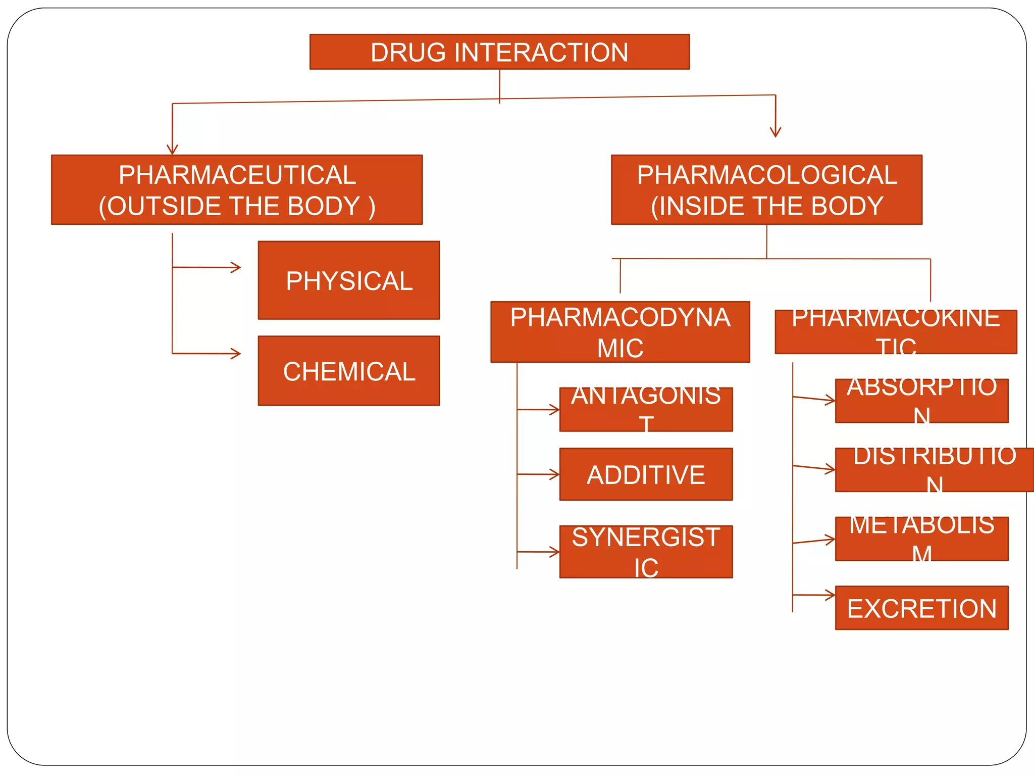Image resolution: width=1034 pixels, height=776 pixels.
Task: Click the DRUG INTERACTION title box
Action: pos(499,52)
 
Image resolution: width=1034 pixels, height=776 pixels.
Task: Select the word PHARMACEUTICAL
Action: pos(237,175)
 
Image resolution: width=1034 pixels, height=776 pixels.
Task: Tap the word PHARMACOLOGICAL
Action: pos(767,175)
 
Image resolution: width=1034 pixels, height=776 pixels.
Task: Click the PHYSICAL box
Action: pos(349,280)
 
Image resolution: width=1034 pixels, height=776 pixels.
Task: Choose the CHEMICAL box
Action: pos(349,371)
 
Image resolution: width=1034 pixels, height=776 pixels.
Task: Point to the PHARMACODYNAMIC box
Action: pos(620,332)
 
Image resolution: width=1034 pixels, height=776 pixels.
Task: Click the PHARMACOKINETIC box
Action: pos(896,332)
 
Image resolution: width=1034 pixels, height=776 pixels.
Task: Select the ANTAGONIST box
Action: pos(646,409)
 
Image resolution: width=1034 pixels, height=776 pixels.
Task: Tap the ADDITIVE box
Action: pos(646,474)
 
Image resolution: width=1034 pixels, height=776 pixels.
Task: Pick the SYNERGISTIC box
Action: pos(646,552)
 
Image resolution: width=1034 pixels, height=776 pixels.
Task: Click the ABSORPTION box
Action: pos(921,401)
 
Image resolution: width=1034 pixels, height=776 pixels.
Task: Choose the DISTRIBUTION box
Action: pos(934,470)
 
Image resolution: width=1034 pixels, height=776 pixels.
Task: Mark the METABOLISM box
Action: pos(921,539)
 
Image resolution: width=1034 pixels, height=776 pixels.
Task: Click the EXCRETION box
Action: pos(921,608)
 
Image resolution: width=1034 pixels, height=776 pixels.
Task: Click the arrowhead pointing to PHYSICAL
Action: pos(236,267)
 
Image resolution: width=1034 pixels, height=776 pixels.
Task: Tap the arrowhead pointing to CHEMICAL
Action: pos(236,354)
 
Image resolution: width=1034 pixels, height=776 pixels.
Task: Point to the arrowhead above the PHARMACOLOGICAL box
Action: pos(775,133)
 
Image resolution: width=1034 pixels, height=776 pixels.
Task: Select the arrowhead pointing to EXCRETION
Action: pos(831,595)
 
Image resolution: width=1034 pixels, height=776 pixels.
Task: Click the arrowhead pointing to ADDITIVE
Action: pos(555,474)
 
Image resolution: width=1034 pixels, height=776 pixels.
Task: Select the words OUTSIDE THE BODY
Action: pos(237,206)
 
